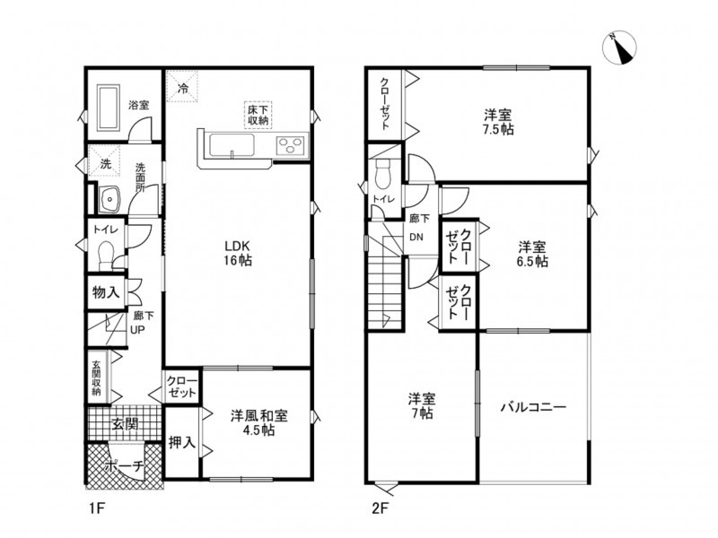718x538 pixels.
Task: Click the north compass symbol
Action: (620, 48)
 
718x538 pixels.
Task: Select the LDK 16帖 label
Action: (238, 253)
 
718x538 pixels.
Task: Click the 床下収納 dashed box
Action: (258, 115)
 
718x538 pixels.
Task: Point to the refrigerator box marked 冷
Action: (182, 87)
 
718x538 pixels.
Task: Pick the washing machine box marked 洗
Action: (105, 161)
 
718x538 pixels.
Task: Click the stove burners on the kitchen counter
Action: (291, 146)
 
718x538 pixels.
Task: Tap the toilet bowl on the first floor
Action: (106, 254)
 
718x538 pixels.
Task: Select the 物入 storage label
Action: (106, 292)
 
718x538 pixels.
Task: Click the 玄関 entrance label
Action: (125, 424)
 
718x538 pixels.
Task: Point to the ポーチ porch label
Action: (124, 466)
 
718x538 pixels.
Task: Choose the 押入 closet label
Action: (182, 442)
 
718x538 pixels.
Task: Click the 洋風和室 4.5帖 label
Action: (258, 422)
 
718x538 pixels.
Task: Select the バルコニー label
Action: (533, 407)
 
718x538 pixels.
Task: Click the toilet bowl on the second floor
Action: (381, 173)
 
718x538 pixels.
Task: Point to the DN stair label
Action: (416, 238)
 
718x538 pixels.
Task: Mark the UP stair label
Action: (138, 330)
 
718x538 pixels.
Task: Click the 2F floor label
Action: (380, 508)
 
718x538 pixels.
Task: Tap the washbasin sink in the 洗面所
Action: (109, 199)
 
